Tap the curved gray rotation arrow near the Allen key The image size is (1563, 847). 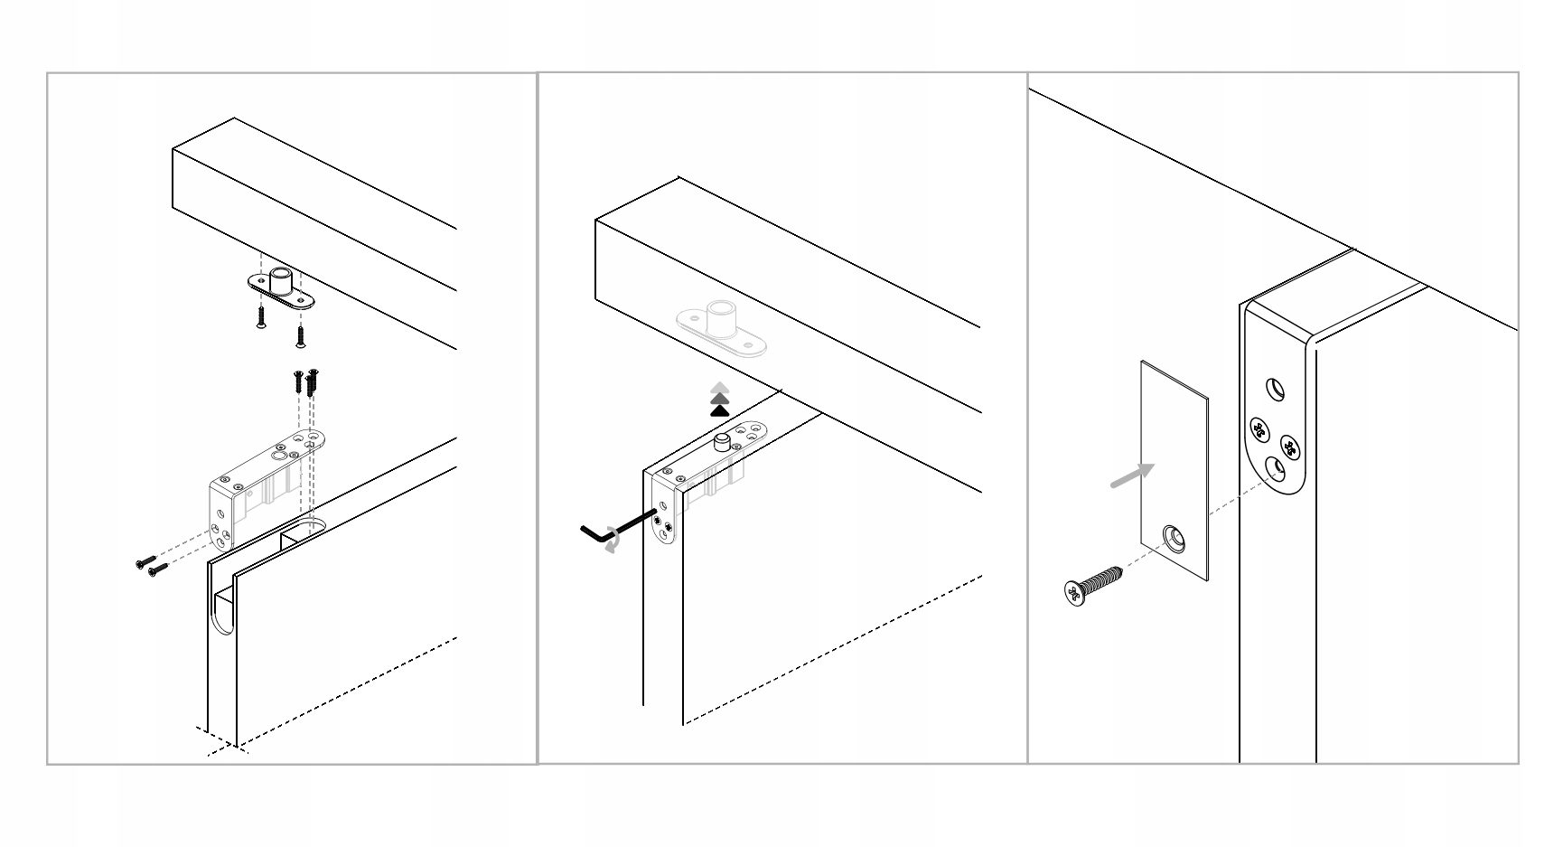pos(613,541)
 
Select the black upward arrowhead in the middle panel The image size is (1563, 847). pos(719,411)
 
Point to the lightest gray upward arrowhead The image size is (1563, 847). pos(719,386)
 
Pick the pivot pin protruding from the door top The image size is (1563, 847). pos(722,442)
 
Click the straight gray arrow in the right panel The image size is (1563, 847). pos(1132,475)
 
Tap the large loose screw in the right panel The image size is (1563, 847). pos(1093,583)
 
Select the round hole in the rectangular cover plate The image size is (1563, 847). pos(1175,539)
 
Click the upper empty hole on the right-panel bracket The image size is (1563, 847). pos(1274,390)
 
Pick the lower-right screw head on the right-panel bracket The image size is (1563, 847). pos(1289,445)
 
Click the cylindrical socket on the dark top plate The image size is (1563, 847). pos(281,280)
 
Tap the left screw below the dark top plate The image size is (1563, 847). pos(260,316)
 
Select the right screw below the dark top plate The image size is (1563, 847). pos(301,336)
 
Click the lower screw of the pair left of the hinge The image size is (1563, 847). pos(156,569)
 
